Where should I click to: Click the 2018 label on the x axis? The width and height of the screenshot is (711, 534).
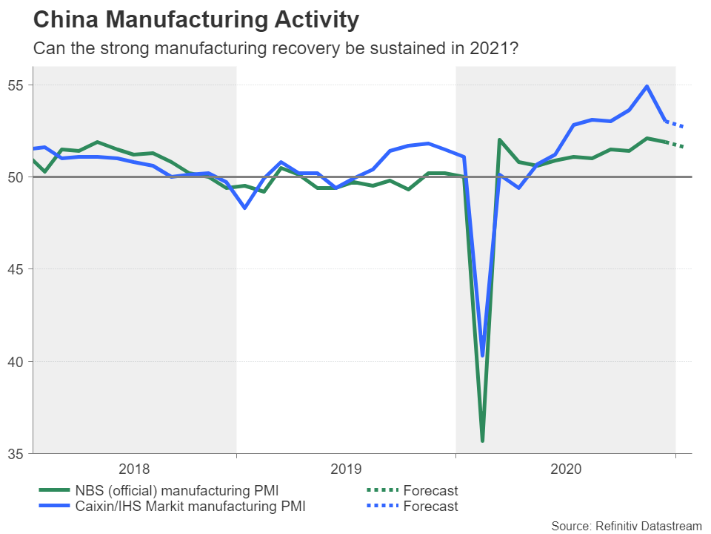coord(134,469)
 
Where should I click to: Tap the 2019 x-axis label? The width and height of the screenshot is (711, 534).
coord(346,469)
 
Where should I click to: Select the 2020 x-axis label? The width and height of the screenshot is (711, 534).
coord(565,469)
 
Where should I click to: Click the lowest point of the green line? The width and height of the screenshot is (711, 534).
coord(483,441)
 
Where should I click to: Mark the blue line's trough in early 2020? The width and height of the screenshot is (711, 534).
coord(483,355)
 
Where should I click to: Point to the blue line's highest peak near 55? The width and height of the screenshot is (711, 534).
coord(647,86)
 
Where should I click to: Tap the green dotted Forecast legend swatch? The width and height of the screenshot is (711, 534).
coord(382,490)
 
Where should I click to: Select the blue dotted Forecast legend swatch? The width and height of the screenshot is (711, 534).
coord(382,507)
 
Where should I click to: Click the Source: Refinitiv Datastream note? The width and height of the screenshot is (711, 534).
coord(626,526)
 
